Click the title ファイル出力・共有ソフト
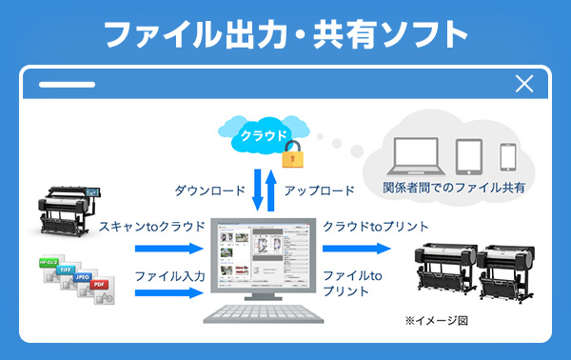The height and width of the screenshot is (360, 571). click(x=285, y=35)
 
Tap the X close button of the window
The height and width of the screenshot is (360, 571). click(x=523, y=84)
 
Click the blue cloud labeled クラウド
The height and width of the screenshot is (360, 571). click(x=264, y=134)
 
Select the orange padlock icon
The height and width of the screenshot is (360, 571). click(x=291, y=152)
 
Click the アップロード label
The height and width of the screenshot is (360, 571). click(x=320, y=190)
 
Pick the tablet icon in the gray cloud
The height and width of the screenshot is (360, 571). click(x=470, y=154)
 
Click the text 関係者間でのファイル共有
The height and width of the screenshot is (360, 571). click(x=454, y=188)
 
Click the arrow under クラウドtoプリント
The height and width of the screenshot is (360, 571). click(x=356, y=249)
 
